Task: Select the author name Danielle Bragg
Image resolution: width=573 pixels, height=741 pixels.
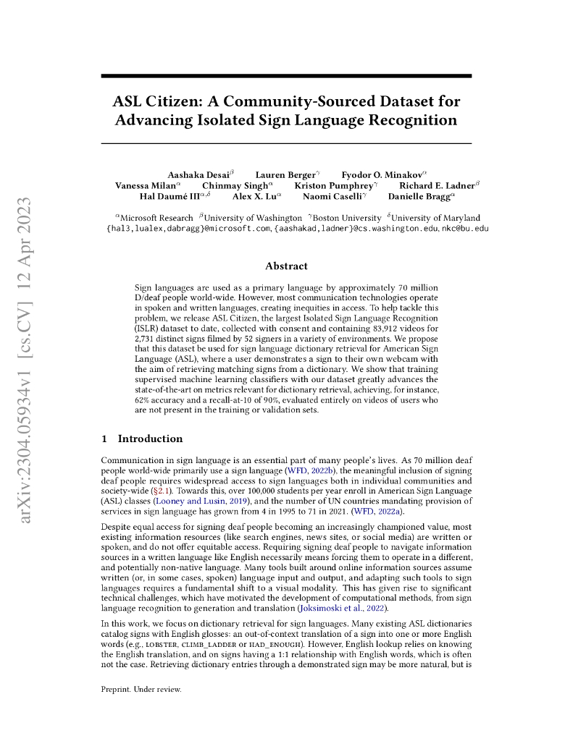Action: tap(419, 195)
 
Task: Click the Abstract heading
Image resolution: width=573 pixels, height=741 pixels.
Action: tap(286, 266)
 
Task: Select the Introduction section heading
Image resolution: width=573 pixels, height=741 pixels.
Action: tap(150, 439)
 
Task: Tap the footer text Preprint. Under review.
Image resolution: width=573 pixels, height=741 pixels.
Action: tap(141, 689)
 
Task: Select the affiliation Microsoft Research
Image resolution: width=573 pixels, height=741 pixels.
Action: tap(156, 218)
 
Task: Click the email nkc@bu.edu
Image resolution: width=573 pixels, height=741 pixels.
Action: tap(465, 229)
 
